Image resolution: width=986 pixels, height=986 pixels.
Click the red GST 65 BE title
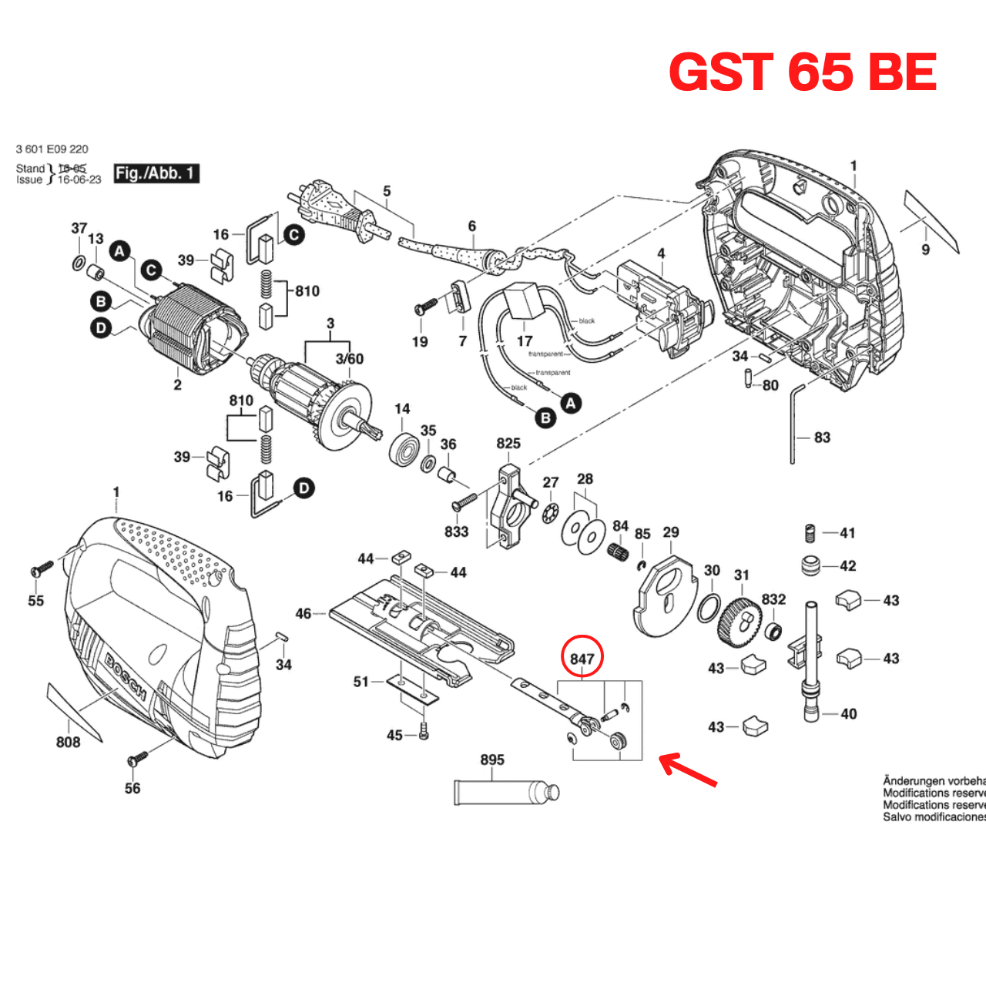click(803, 72)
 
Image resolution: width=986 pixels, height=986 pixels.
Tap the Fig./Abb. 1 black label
click(156, 173)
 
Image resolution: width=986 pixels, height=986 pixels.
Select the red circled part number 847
click(582, 658)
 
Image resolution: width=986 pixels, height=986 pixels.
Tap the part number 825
click(508, 444)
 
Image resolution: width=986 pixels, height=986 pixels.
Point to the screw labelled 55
click(40, 570)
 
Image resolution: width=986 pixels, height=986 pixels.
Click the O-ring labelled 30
click(709, 609)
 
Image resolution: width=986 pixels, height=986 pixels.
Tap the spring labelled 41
click(810, 533)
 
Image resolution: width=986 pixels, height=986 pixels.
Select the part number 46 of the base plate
click(304, 613)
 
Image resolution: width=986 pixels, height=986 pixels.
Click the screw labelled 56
click(139, 759)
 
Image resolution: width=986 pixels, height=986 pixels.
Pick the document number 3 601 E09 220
click(52, 149)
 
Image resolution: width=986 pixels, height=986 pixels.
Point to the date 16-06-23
click(79, 179)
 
